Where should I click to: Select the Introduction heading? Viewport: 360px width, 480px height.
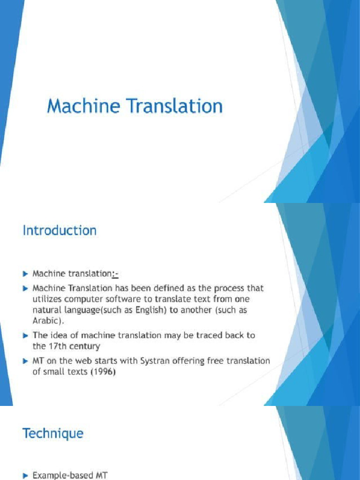pos(60,231)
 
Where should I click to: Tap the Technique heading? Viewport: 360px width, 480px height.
pos(53,434)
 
